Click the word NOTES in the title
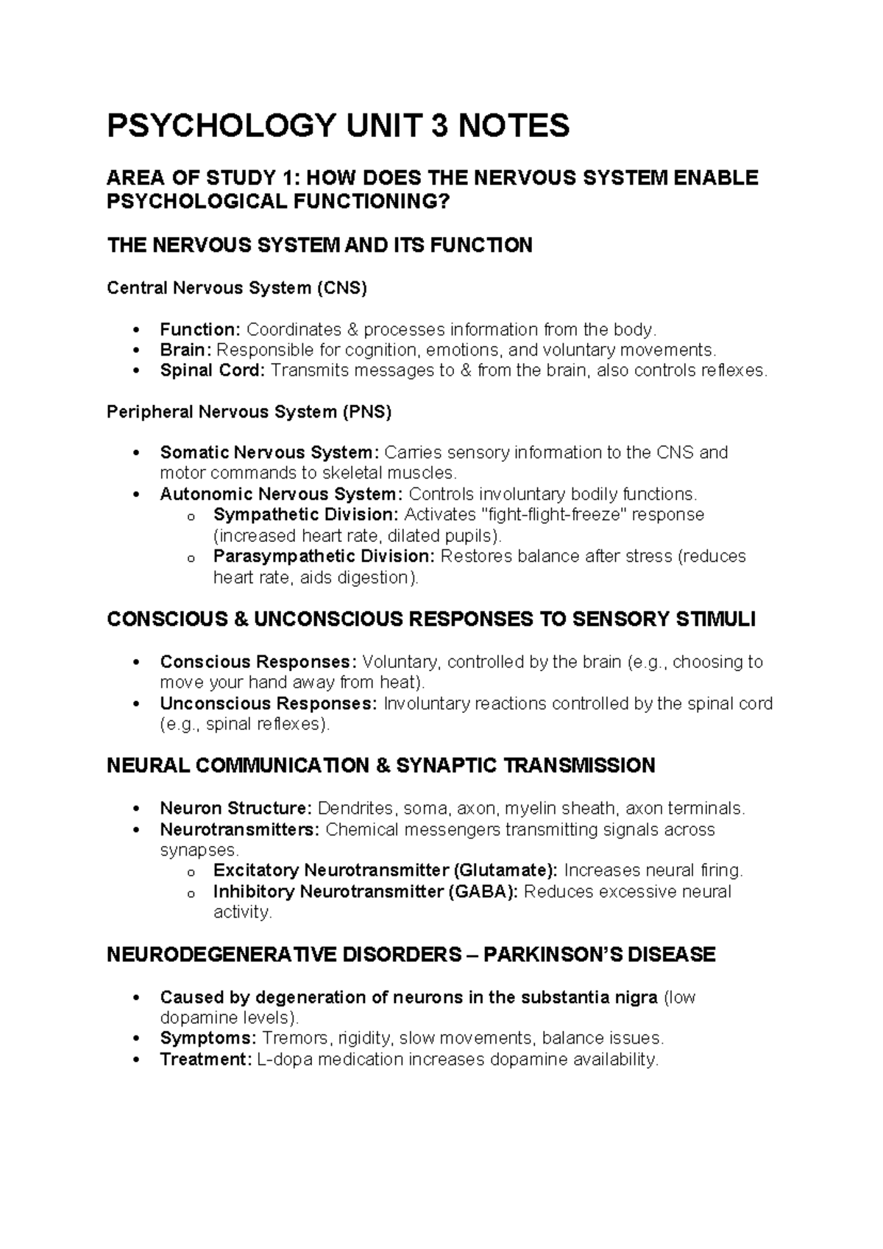tap(514, 126)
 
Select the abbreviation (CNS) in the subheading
tap(341, 288)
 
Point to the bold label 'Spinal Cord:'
tap(212, 370)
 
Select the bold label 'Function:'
tap(200, 329)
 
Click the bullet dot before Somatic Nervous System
tap(135, 453)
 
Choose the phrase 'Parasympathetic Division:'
tap(325, 556)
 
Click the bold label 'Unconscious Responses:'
tap(268, 704)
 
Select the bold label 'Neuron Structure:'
tap(236, 809)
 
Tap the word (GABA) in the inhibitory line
tap(482, 892)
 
